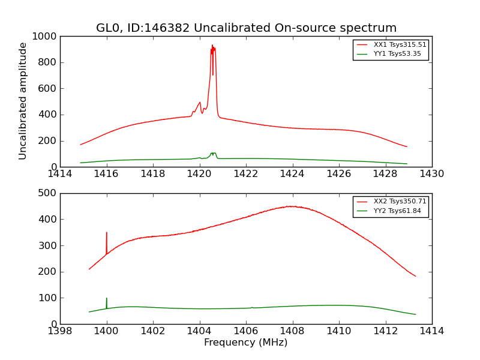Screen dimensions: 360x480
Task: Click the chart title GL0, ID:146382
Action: point(246,28)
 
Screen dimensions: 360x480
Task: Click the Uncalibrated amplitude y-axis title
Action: point(23,101)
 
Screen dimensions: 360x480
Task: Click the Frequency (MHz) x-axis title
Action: point(246,343)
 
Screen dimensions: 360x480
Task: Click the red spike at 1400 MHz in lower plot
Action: point(107,234)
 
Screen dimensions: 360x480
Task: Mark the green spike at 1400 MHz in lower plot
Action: point(107,300)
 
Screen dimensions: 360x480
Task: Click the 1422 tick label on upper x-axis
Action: point(246,174)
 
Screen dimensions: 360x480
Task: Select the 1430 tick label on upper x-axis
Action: point(432,174)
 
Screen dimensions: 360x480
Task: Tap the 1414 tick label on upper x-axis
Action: point(60,174)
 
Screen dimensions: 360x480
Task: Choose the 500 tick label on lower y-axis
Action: point(48,193)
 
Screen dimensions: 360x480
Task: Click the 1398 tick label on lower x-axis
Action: point(60,331)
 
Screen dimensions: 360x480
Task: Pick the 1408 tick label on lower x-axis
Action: point(292,331)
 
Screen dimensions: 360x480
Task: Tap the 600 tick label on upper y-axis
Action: point(48,89)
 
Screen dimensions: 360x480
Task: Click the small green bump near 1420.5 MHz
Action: point(213,154)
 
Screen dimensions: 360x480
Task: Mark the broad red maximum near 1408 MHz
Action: point(291,206)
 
